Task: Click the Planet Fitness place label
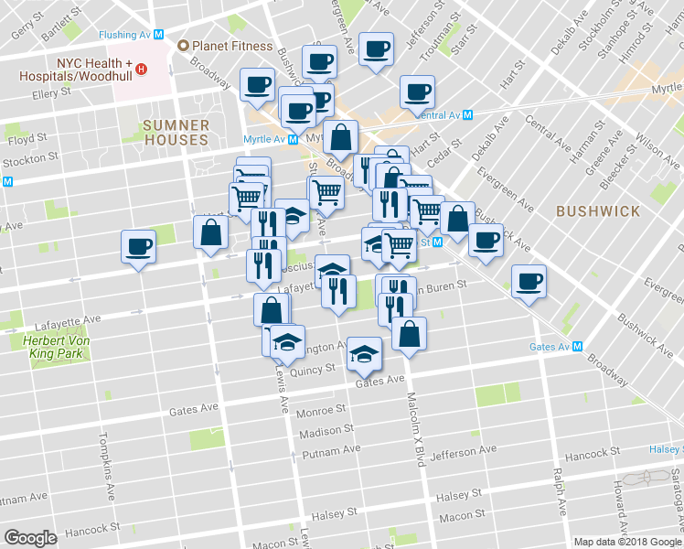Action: click(x=231, y=46)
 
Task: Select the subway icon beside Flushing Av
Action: click(x=159, y=34)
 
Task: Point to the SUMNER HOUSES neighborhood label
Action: click(x=176, y=133)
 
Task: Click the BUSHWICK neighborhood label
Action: click(x=598, y=211)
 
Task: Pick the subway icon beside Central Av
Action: click(x=467, y=115)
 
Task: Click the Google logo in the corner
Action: click(x=30, y=538)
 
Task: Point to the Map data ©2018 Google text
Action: click(x=626, y=542)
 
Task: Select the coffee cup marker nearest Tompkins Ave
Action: click(x=138, y=246)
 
